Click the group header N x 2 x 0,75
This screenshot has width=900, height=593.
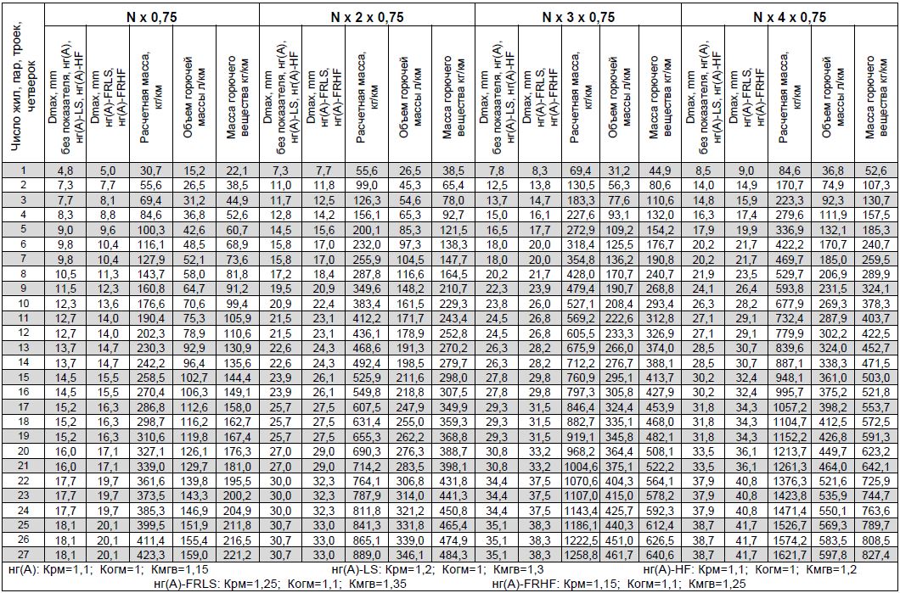[x=367, y=17]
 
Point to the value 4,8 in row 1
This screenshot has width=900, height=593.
[x=65, y=171]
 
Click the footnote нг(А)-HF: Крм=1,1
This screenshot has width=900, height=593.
[x=742, y=568]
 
